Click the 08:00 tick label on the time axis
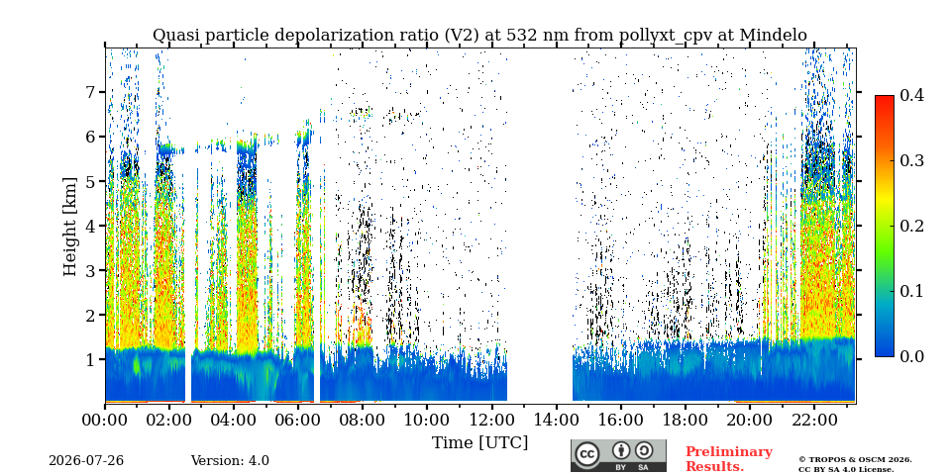click(363, 420)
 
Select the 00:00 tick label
click(105, 420)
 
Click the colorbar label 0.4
click(911, 95)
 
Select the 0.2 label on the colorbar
click(911, 226)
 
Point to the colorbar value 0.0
click(911, 356)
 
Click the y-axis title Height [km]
click(71, 227)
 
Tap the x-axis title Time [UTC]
click(479, 443)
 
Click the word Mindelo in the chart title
click(774, 36)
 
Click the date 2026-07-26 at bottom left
click(86, 461)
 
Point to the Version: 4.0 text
click(230, 461)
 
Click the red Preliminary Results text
click(729, 459)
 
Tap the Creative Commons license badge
click(618, 455)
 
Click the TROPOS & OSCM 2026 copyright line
click(855, 460)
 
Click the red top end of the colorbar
click(885, 97)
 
